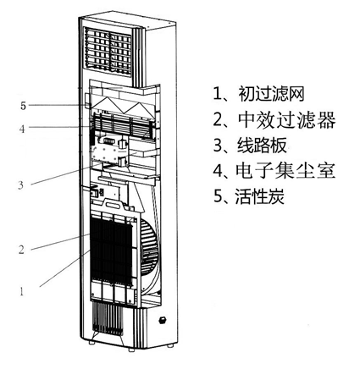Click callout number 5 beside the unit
pos(23,106)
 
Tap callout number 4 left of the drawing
pos(22,129)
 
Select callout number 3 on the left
pos(21,185)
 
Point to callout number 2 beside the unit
pos(21,250)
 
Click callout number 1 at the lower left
pos(22,291)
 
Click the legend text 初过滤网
pos(271,94)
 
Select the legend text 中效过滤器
pos(286,119)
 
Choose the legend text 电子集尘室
pos(285,170)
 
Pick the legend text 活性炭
pos(260,196)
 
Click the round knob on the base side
pos(163,320)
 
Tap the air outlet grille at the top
pos(108,52)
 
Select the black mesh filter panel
pos(111,251)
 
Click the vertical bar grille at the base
pos(108,319)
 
